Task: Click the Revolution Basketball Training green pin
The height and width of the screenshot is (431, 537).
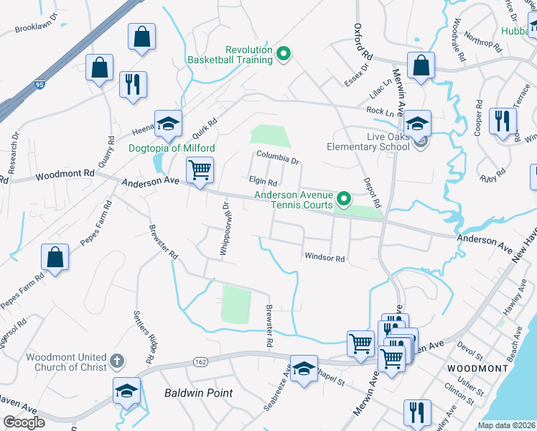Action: point(284,54)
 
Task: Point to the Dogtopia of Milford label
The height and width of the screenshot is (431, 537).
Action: point(172,149)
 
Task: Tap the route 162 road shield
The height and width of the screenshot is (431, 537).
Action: point(200,361)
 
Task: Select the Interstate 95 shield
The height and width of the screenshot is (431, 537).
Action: point(39,85)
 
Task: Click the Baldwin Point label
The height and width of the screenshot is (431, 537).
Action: point(197,393)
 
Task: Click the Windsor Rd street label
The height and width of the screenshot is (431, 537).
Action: point(324,258)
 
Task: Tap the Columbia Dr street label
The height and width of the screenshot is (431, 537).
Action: point(278,160)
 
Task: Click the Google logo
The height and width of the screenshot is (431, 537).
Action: point(23,422)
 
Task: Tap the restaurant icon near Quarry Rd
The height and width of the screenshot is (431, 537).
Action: point(133,85)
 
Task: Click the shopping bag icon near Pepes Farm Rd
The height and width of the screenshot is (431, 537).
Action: point(55,259)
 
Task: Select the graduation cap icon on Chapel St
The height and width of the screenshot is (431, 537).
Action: point(304,369)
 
